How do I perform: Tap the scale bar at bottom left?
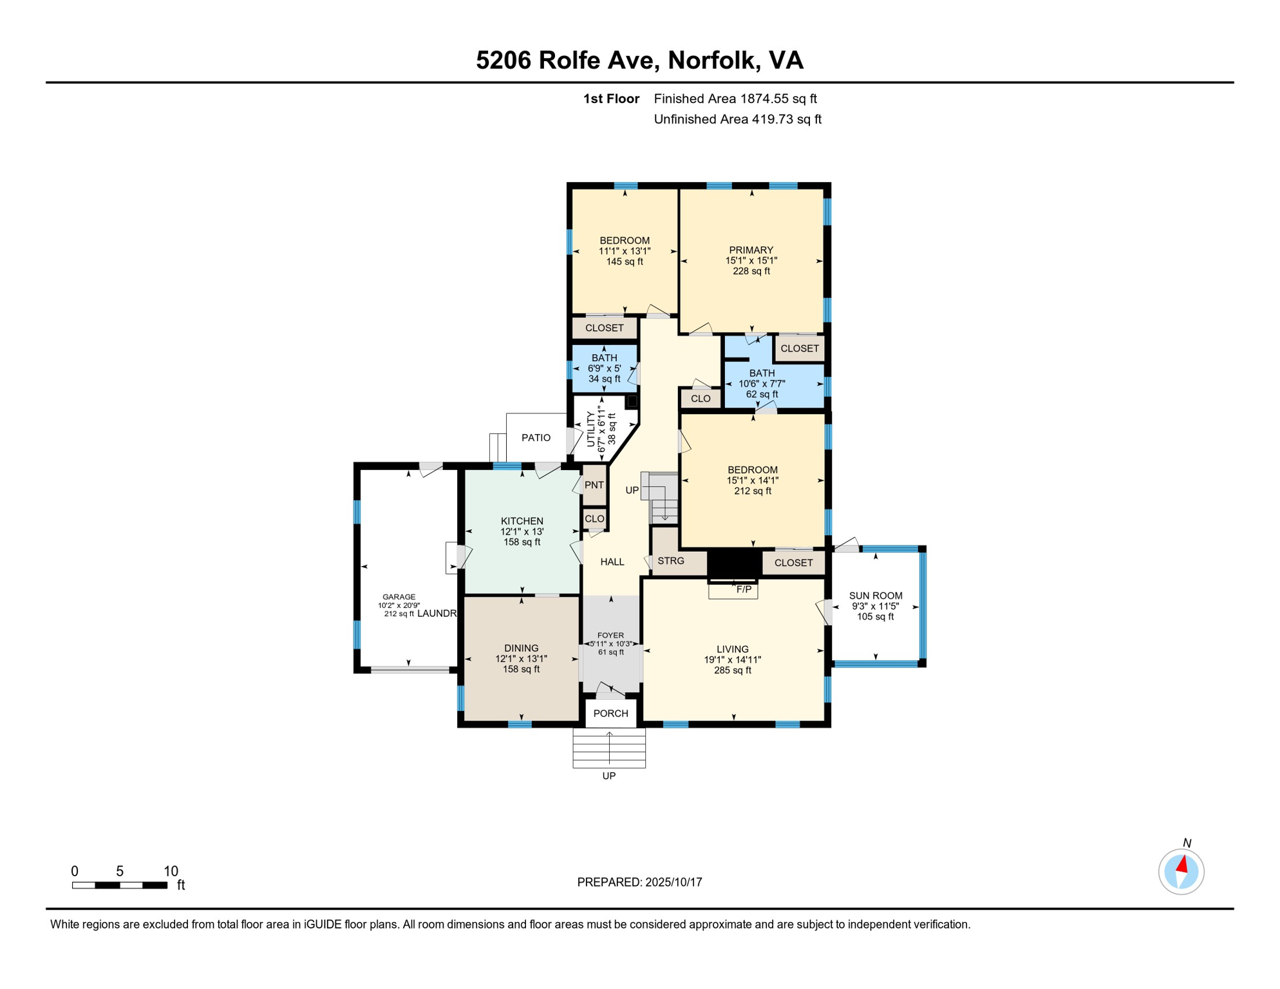tap(120, 885)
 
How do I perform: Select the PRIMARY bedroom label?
tap(751, 250)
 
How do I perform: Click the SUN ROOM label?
tap(875, 596)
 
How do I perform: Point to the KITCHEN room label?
tap(522, 521)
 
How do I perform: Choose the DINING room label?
tap(521, 648)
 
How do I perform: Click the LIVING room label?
tap(732, 649)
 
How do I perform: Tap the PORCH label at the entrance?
tap(610, 713)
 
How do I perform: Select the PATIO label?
tap(536, 438)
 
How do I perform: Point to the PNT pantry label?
tap(594, 485)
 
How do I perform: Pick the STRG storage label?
tap(671, 561)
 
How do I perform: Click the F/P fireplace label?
tap(744, 589)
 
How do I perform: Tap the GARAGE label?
tap(399, 597)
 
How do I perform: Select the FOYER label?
tap(610, 635)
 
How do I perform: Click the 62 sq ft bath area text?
tap(762, 394)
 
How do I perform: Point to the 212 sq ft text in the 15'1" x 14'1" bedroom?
tap(752, 491)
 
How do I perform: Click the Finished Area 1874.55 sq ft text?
tap(735, 99)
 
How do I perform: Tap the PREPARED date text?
tap(639, 882)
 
